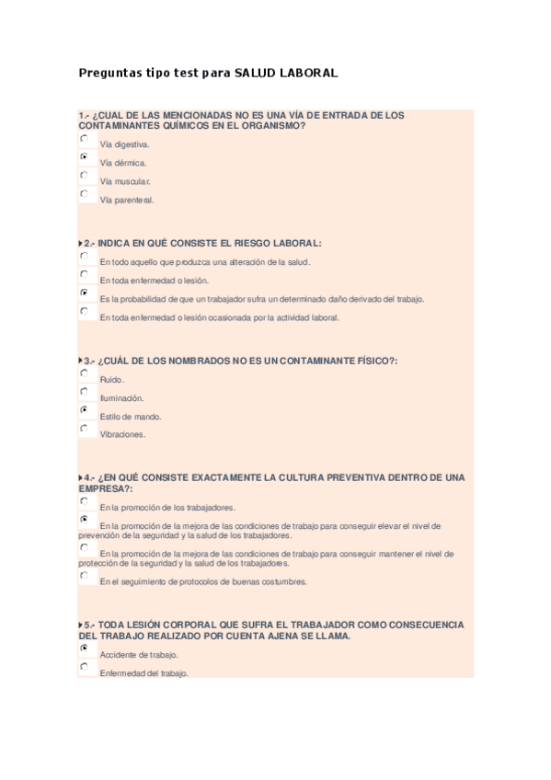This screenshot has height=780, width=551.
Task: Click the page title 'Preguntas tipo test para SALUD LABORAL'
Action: (x=209, y=72)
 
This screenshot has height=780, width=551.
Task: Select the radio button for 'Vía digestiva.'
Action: (x=85, y=139)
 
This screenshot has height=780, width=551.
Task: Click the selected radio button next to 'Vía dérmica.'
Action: (x=85, y=157)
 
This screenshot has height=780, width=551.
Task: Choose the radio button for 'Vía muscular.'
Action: (x=85, y=175)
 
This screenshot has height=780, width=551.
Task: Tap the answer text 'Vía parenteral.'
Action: (x=127, y=200)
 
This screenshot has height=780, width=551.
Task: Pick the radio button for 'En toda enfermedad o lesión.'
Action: (x=85, y=274)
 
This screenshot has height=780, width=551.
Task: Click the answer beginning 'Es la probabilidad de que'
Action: (x=262, y=299)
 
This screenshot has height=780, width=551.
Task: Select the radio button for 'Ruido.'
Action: (x=85, y=373)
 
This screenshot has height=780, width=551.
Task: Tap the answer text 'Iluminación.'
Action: (x=121, y=398)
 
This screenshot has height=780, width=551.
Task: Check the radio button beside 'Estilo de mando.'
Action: (x=85, y=409)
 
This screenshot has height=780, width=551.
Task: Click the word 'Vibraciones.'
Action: (x=122, y=434)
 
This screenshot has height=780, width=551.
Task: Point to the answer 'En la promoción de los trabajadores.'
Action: (x=167, y=507)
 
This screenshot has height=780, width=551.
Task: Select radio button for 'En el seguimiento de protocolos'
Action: (x=85, y=575)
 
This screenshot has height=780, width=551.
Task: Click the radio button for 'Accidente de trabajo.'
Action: (x=85, y=648)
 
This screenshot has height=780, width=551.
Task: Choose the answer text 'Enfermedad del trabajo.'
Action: (x=144, y=673)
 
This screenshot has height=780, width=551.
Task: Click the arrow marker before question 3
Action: (x=81, y=361)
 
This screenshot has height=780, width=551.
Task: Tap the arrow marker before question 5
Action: (x=81, y=625)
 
